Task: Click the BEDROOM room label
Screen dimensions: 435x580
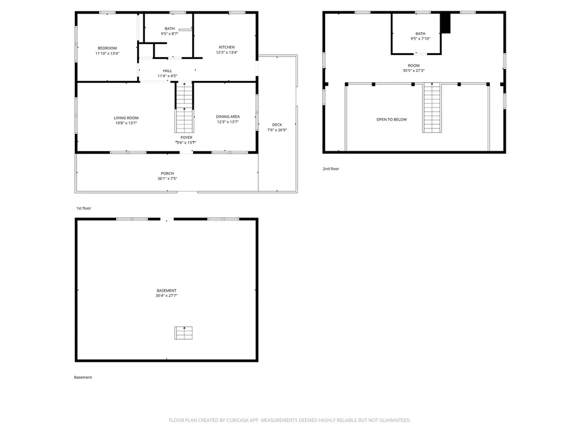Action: [x=107, y=48]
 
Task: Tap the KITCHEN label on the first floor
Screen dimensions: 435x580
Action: [x=227, y=47]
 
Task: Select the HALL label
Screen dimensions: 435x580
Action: [x=167, y=71]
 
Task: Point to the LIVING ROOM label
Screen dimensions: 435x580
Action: [x=126, y=118]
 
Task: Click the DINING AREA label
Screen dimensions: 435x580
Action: [x=228, y=117]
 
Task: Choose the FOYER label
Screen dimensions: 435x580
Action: [x=186, y=138]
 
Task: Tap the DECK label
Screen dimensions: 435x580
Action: [x=277, y=125]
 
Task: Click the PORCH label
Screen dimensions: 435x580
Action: [x=167, y=173]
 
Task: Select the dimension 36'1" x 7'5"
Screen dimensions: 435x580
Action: [x=167, y=179]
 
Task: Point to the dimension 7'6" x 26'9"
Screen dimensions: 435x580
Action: [x=277, y=130]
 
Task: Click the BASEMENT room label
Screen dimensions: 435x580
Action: [x=167, y=291]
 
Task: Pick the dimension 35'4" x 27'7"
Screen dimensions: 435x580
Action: [x=167, y=296]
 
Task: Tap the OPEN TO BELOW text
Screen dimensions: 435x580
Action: [x=391, y=120]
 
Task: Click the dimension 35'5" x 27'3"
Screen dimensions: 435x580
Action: [x=413, y=71]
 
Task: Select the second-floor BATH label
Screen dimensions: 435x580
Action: [x=420, y=33]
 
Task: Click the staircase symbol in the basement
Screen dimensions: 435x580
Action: [x=183, y=333]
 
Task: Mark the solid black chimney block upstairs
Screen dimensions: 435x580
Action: [x=446, y=23]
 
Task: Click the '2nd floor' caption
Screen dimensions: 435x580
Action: [x=331, y=169]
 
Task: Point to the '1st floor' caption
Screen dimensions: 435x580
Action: [x=83, y=208]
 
